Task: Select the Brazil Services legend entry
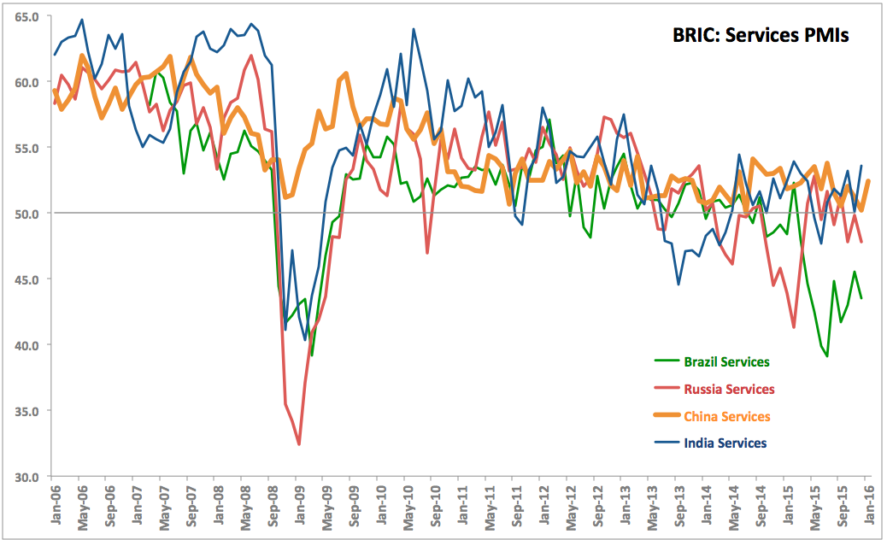(x=726, y=362)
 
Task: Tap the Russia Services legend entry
(x=729, y=390)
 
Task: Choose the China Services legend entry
(x=726, y=417)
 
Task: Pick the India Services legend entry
(x=725, y=443)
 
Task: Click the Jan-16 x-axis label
(x=866, y=503)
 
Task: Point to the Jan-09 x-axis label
(x=297, y=503)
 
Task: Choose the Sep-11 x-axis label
(x=514, y=503)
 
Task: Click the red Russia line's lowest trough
(x=299, y=444)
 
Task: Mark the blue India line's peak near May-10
(x=414, y=29)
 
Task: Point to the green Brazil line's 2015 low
(x=827, y=355)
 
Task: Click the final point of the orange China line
(x=868, y=181)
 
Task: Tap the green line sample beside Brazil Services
(x=666, y=362)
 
